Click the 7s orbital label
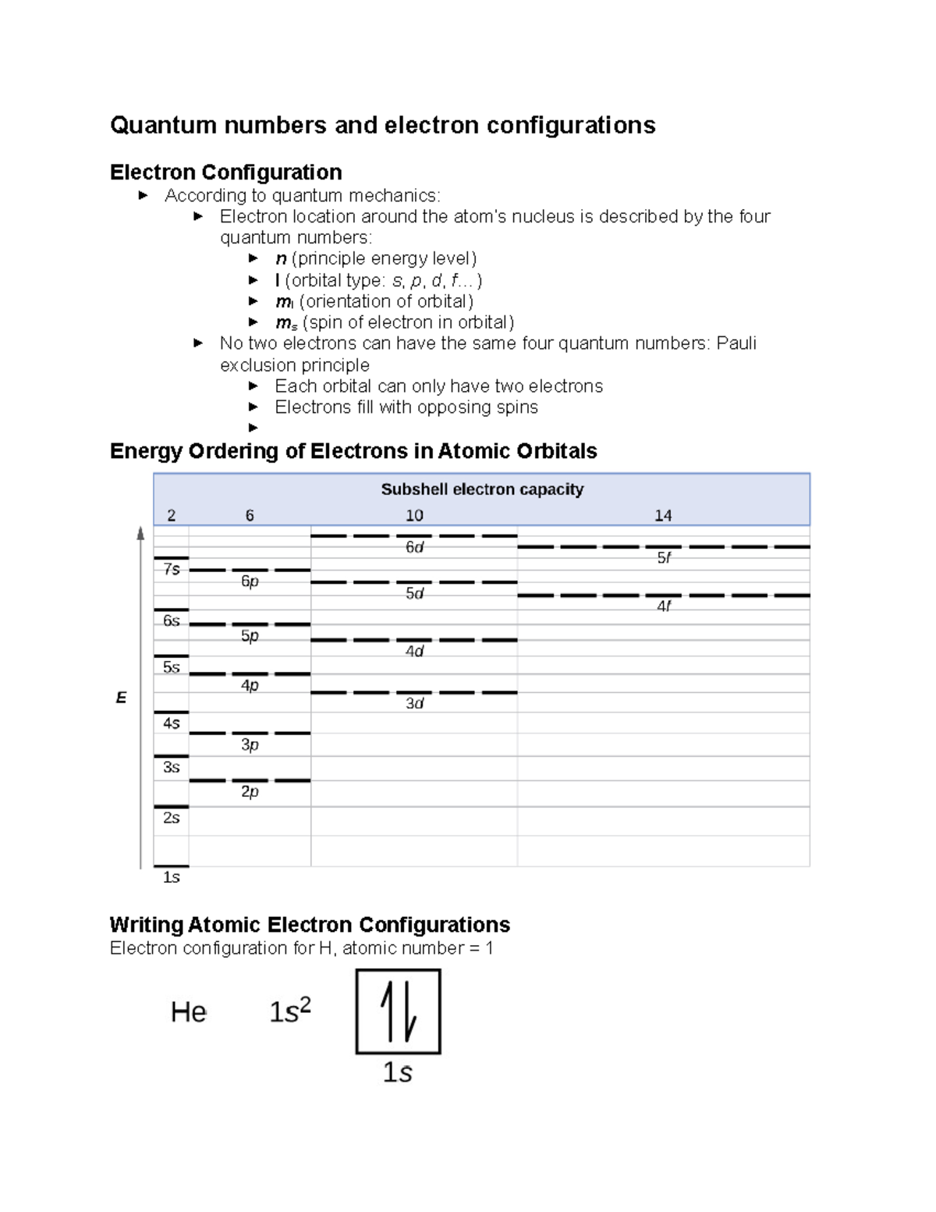pyautogui.click(x=172, y=570)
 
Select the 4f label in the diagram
pyautogui.click(x=664, y=606)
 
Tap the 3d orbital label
pyautogui.click(x=414, y=703)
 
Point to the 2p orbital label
pyautogui.click(x=250, y=791)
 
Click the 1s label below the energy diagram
pyautogui.click(x=172, y=877)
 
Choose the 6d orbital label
pyautogui.click(x=414, y=547)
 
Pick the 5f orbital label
pyautogui.click(x=664, y=557)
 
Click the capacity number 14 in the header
pyautogui.click(x=663, y=515)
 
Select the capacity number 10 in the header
pyautogui.click(x=414, y=515)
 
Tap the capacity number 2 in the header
pyautogui.click(x=172, y=515)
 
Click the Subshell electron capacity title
pyautogui.click(x=482, y=489)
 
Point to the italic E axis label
pyautogui.click(x=121, y=698)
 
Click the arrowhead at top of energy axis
pyautogui.click(x=141, y=534)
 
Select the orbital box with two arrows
pyautogui.click(x=399, y=1011)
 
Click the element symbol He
pyautogui.click(x=189, y=1012)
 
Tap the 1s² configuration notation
pyautogui.click(x=290, y=1011)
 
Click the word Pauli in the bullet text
pyautogui.click(x=736, y=343)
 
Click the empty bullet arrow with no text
pyautogui.click(x=253, y=428)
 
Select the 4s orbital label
pyautogui.click(x=172, y=723)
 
